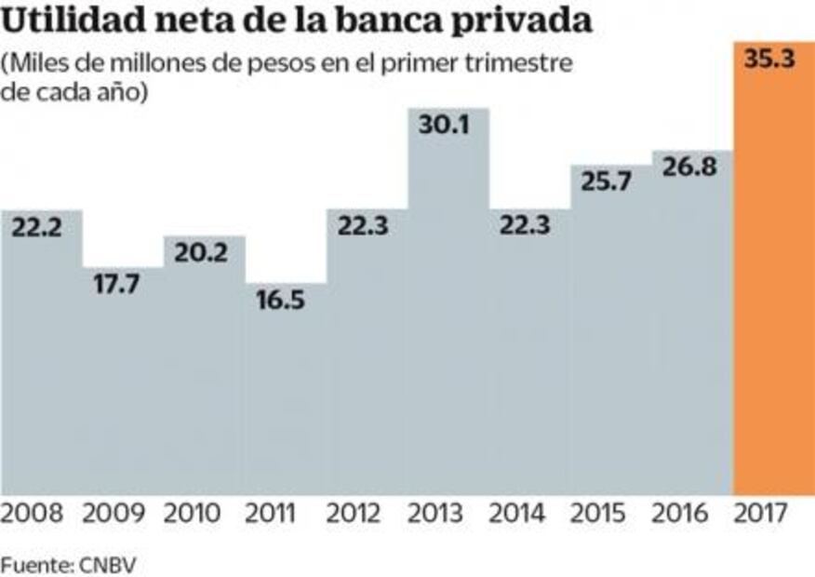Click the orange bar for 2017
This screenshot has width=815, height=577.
tap(773, 279)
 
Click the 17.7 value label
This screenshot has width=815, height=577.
tap(122, 286)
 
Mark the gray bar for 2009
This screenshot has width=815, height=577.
tap(122, 391)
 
